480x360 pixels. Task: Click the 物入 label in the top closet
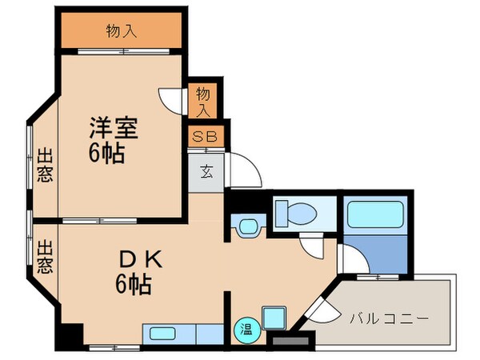click(x=122, y=32)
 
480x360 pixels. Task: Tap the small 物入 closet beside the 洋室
click(x=203, y=102)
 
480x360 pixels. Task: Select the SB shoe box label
click(x=205, y=137)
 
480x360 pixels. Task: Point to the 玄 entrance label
click(x=206, y=170)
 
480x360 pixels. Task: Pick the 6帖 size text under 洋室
click(x=107, y=154)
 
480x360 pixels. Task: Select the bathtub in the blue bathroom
click(x=376, y=216)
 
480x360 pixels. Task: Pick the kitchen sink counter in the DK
click(x=182, y=333)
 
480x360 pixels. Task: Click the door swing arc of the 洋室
click(x=170, y=98)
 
